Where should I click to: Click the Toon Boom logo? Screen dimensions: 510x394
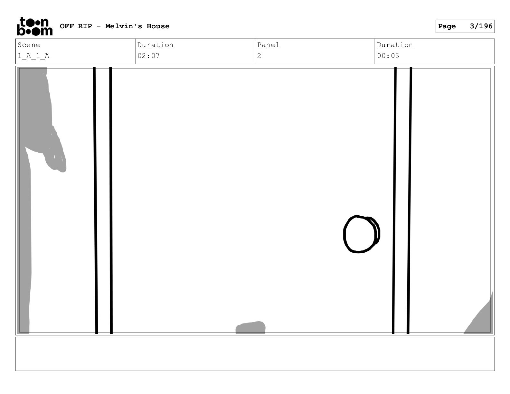pos(35,26)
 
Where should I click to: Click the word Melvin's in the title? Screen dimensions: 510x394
pos(124,26)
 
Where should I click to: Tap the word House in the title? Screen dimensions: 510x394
pos(158,26)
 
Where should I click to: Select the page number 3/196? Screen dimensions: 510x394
pos(481,26)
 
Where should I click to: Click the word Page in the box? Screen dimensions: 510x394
pos(447,26)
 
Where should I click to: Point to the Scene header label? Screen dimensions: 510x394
pos(29,45)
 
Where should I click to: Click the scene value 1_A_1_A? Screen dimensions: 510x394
pos(33,56)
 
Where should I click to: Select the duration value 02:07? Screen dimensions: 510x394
pos(148,56)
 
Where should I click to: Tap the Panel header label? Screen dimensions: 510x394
pos(268,45)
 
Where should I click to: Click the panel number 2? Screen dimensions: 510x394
pos(259,56)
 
